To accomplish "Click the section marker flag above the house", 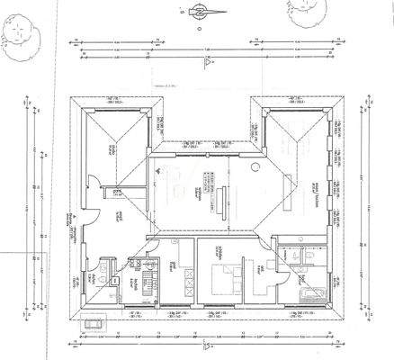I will pyautogui.click(x=207, y=59).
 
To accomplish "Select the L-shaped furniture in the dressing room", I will pyautogui.click(x=266, y=270).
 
